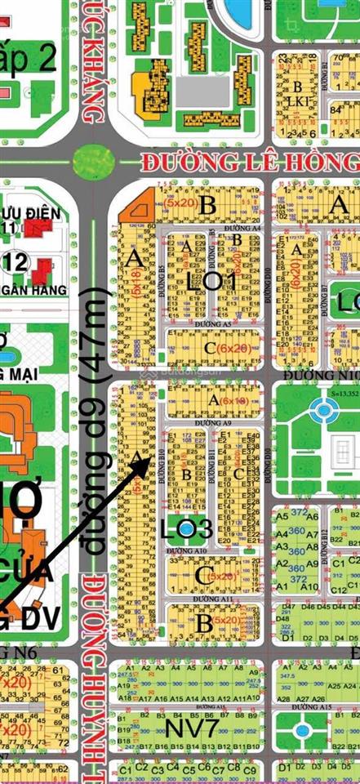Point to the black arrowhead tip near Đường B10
point(148,460)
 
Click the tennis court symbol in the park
point(340,447)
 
